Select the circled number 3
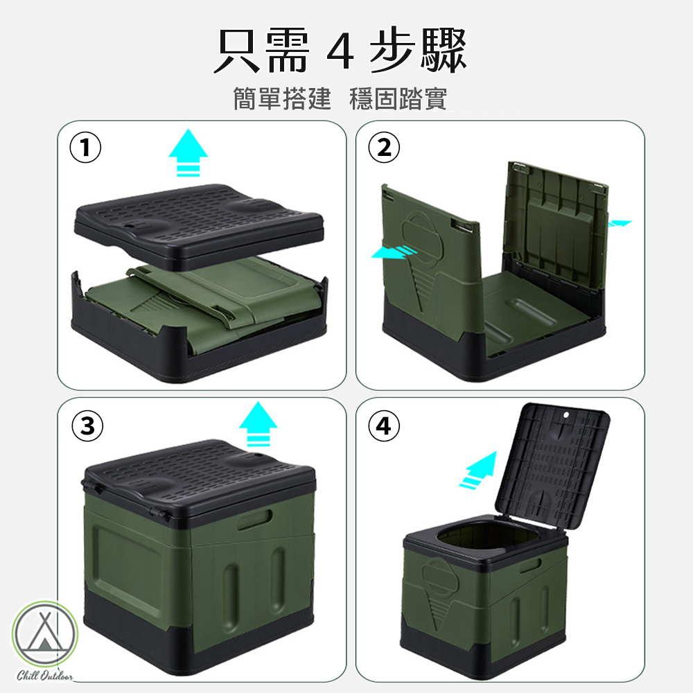[x=87, y=426]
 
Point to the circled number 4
[x=384, y=426]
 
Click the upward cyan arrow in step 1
[x=188, y=152]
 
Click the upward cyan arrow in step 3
[x=258, y=424]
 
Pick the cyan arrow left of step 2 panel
[x=394, y=252]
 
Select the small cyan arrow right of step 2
[x=620, y=224]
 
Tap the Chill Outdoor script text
[x=45, y=675]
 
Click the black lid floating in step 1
[x=198, y=226]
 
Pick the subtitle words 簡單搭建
[x=282, y=98]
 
